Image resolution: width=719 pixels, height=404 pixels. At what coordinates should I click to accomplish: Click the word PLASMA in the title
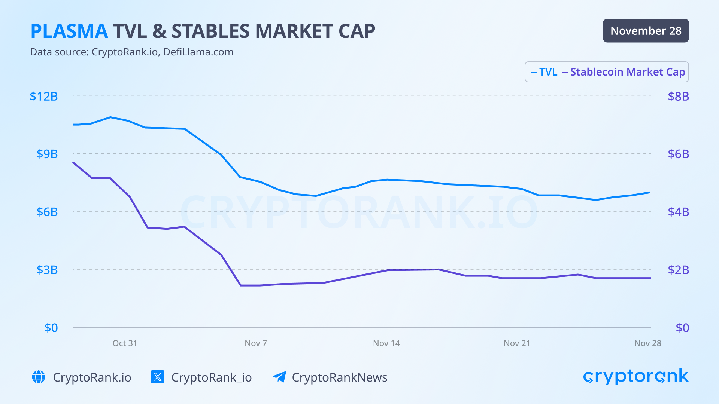click(69, 31)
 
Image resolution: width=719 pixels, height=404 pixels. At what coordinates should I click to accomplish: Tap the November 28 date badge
click(646, 31)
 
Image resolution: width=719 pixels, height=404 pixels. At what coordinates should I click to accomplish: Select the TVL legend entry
click(544, 72)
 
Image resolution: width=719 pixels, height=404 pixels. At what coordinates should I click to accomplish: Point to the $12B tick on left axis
click(44, 97)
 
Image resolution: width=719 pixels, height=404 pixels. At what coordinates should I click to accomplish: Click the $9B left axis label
click(47, 154)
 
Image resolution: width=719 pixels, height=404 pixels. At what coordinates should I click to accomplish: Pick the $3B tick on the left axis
click(47, 270)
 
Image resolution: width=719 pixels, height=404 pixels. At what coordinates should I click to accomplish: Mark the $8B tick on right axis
click(678, 97)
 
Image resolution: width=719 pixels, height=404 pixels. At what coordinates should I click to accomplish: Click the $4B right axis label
click(678, 212)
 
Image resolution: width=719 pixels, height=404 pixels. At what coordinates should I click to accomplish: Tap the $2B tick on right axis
click(678, 270)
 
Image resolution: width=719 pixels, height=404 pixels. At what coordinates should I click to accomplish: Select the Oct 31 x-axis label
click(125, 343)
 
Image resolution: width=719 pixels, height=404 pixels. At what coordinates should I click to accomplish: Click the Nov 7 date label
click(256, 343)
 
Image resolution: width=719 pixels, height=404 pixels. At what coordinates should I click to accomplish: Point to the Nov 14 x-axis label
click(386, 343)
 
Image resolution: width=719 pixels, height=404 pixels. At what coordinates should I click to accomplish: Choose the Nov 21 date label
click(517, 343)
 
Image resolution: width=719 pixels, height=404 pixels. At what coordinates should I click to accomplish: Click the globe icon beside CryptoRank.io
click(39, 377)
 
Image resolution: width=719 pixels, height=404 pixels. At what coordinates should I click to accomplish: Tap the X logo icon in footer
click(157, 377)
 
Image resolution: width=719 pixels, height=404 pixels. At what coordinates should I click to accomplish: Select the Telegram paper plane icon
click(279, 377)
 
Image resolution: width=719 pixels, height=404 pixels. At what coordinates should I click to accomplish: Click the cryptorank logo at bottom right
click(635, 376)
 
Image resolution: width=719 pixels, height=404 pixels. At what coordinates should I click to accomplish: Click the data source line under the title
click(131, 52)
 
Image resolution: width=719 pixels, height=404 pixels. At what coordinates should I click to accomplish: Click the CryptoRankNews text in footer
click(339, 377)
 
